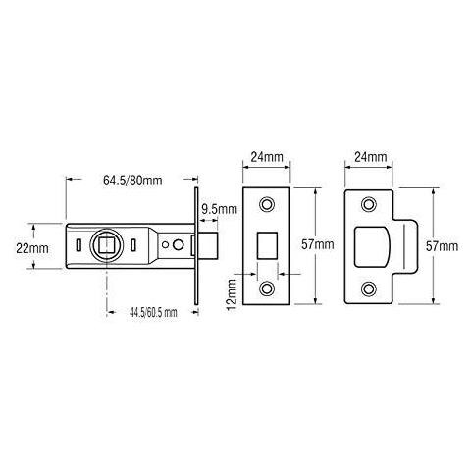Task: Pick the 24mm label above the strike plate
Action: point(370,156)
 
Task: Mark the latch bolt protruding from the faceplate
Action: point(208,246)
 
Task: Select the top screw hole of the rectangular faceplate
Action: point(268,204)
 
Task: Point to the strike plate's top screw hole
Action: point(369,204)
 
